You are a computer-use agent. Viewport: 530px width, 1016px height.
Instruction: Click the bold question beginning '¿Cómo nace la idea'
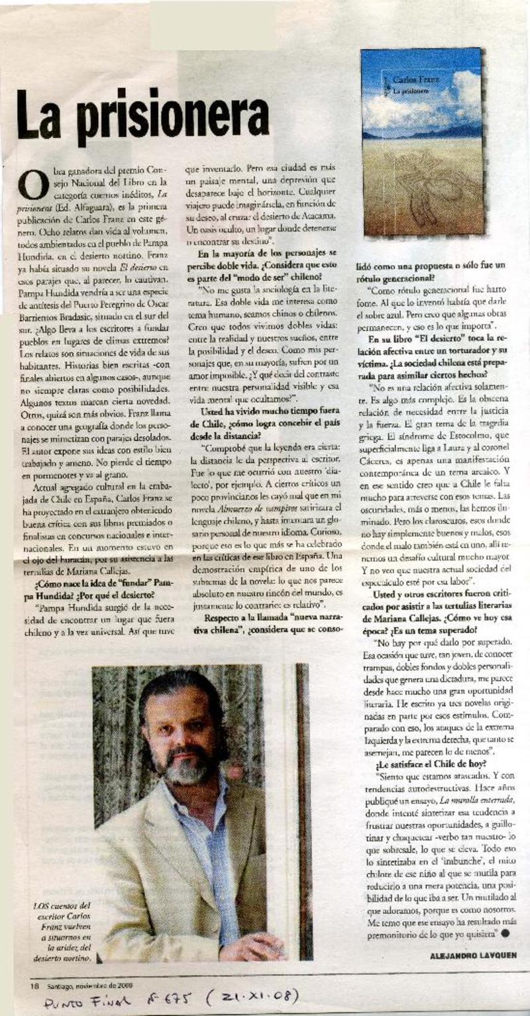pos(97,587)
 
